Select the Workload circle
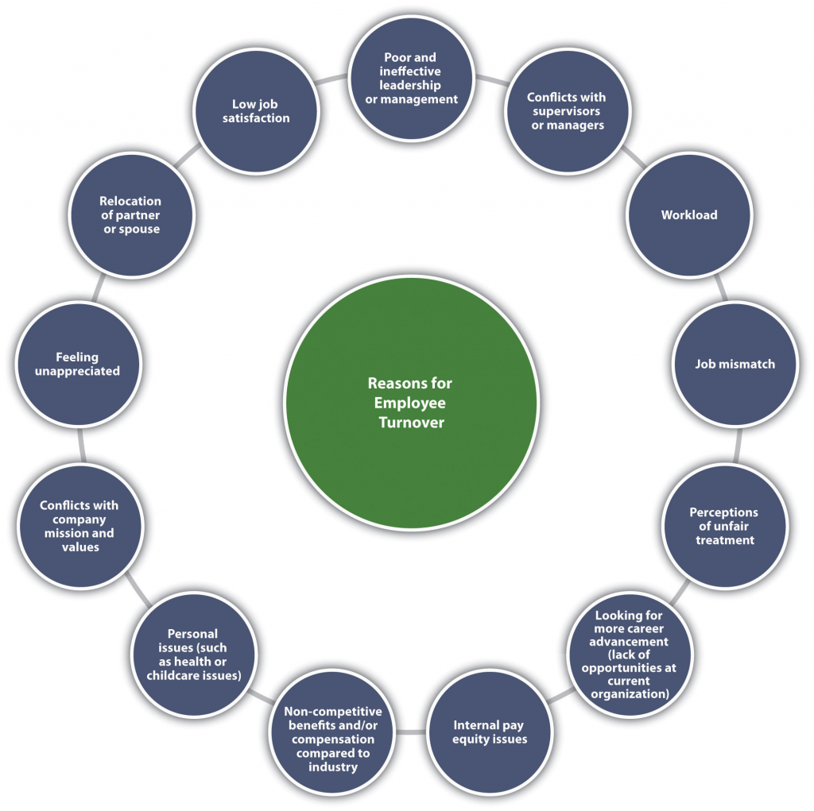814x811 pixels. pyautogui.click(x=688, y=215)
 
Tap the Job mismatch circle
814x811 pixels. pyautogui.click(x=735, y=365)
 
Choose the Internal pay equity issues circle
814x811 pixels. pyautogui.click(x=490, y=732)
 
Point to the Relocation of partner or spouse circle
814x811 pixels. pyautogui.click(x=130, y=215)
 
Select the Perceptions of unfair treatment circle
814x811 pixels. pyautogui.click(x=723, y=526)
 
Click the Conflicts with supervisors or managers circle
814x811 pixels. pyautogui.click(x=566, y=111)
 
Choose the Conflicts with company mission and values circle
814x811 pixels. pyautogui.click(x=79, y=526)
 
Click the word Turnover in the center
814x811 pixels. pyautogui.click(x=410, y=423)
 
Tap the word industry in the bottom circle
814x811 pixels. pyautogui.click(x=333, y=767)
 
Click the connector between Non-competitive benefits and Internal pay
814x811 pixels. pyautogui.click(x=411, y=731)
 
